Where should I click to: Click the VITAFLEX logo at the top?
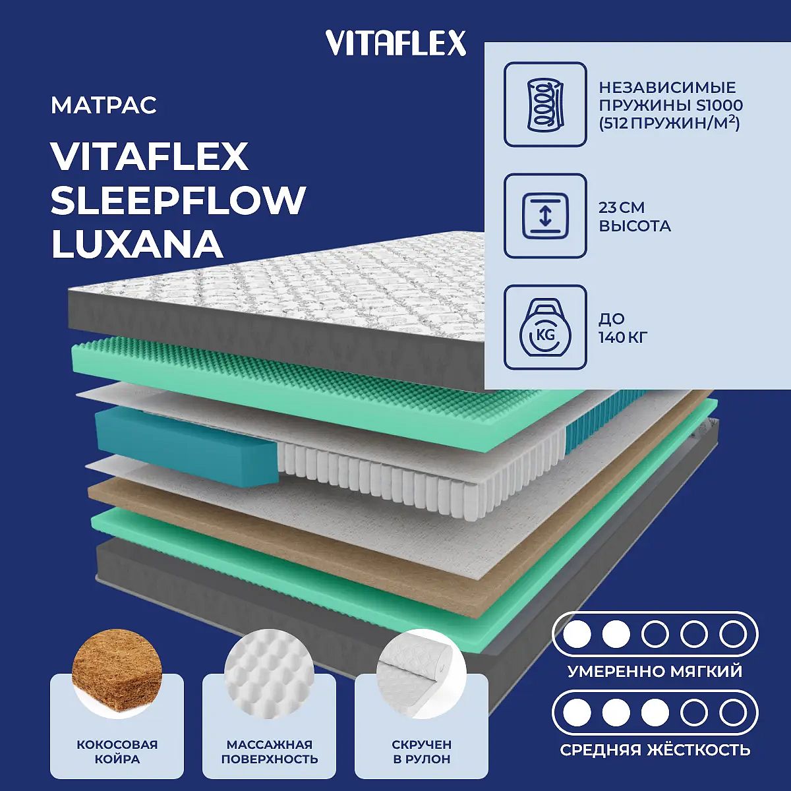[395, 43]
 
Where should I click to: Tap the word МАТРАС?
[104, 105]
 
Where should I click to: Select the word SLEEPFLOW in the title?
[178, 200]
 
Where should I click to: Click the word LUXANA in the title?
[137, 245]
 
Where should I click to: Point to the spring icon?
[545, 104]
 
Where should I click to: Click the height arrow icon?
[545, 216]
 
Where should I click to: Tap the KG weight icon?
[545, 328]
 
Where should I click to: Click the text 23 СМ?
[622, 207]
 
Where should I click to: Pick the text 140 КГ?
[623, 338]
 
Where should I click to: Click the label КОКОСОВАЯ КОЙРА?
[117, 751]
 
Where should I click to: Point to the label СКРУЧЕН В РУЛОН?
[422, 751]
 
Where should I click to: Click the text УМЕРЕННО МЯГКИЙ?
[655, 671]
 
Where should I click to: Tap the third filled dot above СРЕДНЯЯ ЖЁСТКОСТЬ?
[655, 713]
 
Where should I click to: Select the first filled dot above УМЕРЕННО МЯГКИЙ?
[577, 634]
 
